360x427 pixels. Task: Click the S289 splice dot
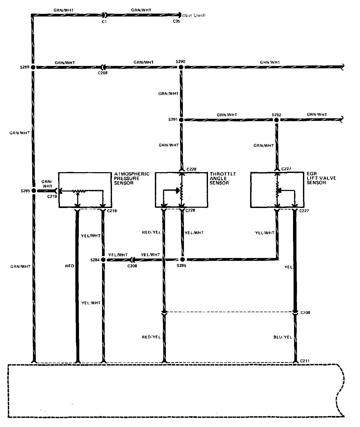33,68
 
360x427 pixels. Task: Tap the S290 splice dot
181,68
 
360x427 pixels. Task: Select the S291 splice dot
181,120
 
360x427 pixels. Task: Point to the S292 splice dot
276,120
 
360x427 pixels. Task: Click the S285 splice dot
33,191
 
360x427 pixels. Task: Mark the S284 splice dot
103,260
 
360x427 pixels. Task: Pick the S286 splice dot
183,260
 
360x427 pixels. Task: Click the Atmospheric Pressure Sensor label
132,178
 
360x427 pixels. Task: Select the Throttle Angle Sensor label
223,178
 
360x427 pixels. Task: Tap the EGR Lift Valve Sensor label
321,178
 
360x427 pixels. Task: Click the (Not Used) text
194,15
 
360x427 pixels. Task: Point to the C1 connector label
104,21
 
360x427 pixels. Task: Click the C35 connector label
176,21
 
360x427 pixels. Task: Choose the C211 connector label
305,361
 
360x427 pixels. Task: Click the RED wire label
70,266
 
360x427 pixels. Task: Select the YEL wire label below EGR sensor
289,267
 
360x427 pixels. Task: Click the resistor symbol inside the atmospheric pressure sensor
79,191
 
